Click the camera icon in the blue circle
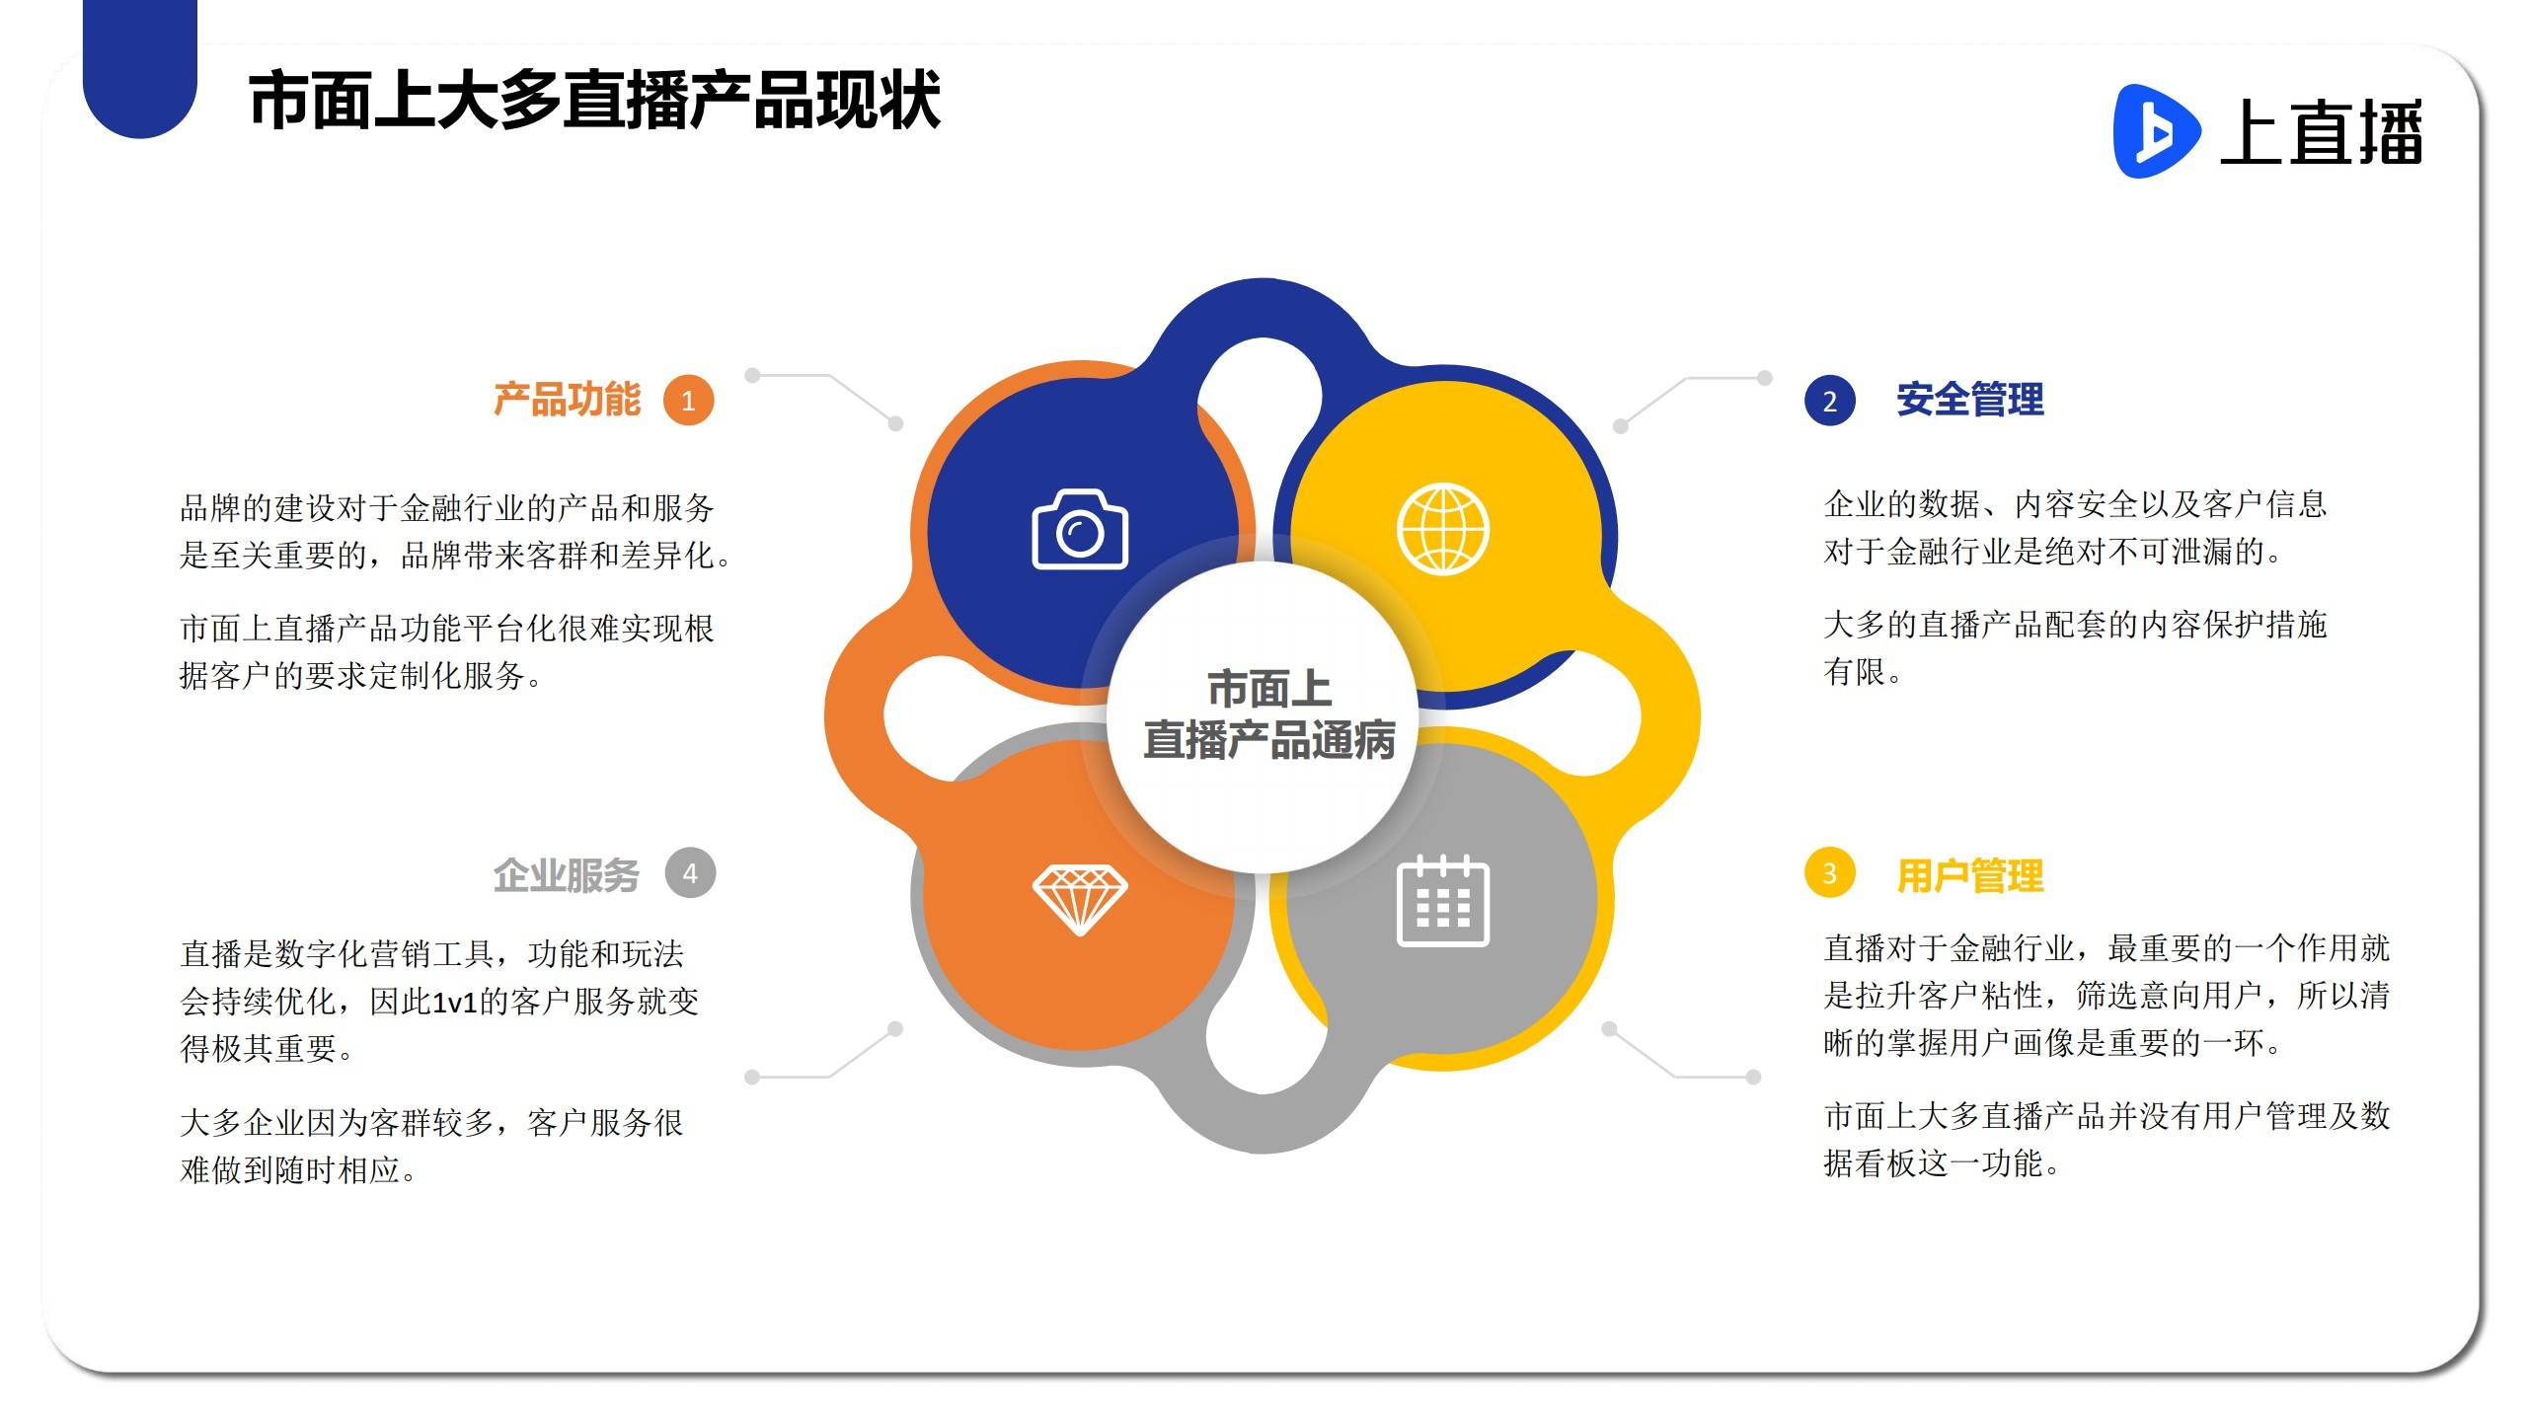[1080, 529]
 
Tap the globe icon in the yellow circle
[1442, 529]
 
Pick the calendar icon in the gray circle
[1443, 901]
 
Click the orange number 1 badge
[688, 401]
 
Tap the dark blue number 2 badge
[1829, 401]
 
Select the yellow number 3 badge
[1829, 873]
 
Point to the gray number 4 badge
[690, 873]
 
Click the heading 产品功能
[567, 400]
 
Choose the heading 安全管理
[1970, 400]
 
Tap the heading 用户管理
[1970, 875]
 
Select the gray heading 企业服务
[567, 875]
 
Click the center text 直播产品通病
[1269, 740]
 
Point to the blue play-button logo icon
[2156, 131]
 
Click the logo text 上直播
[2322, 132]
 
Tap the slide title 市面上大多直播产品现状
[594, 101]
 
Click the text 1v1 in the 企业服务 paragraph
[455, 1003]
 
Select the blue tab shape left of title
[140, 69]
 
